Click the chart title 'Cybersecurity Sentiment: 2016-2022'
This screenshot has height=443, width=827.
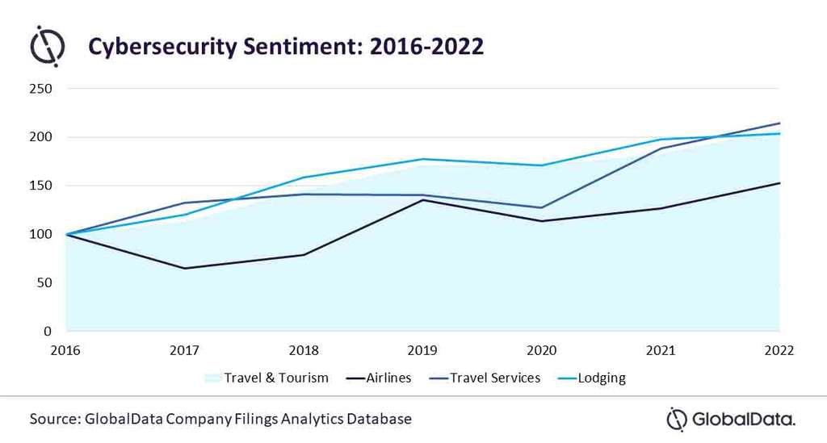pos(286,46)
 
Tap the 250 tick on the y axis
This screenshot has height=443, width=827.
pos(40,89)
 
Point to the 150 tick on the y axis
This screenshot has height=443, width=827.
pos(40,186)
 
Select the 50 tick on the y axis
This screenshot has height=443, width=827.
pos(44,283)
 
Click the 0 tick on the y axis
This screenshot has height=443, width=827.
pos(48,332)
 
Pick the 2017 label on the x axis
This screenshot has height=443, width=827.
pos(185,351)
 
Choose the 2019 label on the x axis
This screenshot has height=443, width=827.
pos(422,351)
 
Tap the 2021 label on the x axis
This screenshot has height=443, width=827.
pos(661,351)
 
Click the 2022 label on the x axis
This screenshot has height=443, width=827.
pos(779,351)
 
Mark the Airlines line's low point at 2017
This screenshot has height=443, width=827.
pos(185,268)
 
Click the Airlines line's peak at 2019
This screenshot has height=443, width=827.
pos(422,200)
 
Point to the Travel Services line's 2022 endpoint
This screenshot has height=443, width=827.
pos(779,123)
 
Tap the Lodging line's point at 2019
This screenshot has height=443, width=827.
pos(422,159)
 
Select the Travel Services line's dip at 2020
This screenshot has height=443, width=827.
pos(542,207)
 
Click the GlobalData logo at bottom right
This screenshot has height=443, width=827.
pos(730,419)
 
